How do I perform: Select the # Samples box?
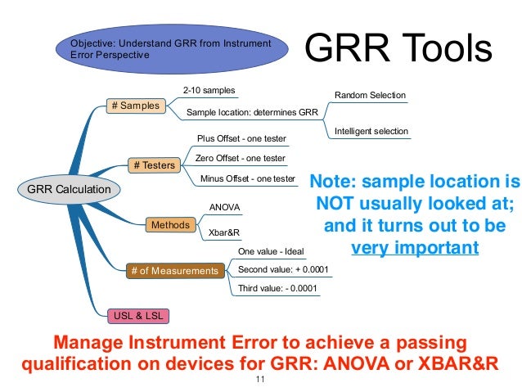[x=134, y=106]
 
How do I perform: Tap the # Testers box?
[x=154, y=165]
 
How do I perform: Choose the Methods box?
[x=170, y=224]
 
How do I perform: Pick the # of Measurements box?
[x=176, y=270]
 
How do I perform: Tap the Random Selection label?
[x=370, y=96]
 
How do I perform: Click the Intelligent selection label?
[x=371, y=131]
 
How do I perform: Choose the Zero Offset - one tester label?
[x=241, y=158]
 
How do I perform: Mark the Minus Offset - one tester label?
[x=247, y=178]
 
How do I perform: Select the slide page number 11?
[x=261, y=381]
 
